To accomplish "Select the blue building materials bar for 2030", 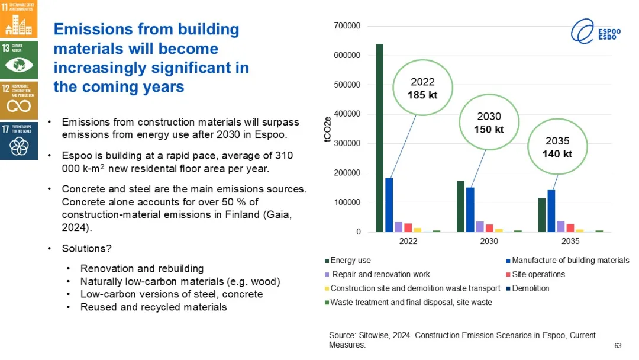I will coord(470,210).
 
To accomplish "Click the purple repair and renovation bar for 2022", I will coord(399,227).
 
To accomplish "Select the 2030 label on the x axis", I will coord(489,242).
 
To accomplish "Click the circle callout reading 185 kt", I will coord(422,88).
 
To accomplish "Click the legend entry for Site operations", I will coord(538,274).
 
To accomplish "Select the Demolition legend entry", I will coord(530,288).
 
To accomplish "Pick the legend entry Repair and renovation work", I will coord(380,274).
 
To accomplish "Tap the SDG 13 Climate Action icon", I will coord(19,59).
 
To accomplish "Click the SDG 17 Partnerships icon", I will coord(19,141).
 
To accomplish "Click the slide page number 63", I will coord(618,346).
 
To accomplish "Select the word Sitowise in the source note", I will coord(374,335).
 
